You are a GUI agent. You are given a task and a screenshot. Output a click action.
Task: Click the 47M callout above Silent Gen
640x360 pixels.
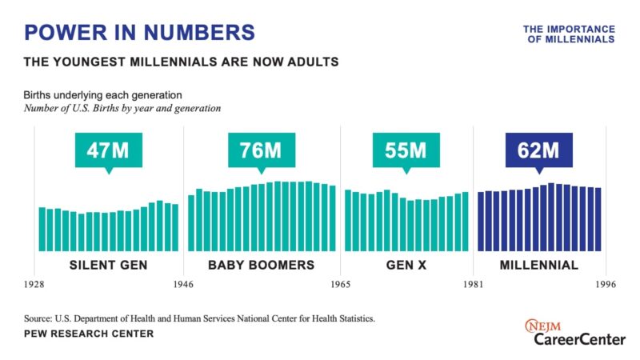pos(108,149)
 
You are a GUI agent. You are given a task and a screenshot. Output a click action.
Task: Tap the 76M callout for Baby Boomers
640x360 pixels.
pos(260,149)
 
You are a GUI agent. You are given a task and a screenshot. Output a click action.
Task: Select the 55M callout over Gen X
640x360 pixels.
pos(406,149)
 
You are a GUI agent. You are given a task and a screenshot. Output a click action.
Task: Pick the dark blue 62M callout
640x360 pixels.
pos(538,149)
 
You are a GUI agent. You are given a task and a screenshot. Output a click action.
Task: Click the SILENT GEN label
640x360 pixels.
pos(108,265)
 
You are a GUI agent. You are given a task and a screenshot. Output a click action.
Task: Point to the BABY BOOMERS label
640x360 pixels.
pos(261,265)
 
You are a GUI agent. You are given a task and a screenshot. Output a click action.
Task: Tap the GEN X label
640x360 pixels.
pos(406,265)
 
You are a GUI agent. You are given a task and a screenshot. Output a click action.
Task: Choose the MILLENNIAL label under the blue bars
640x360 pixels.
pos(538,265)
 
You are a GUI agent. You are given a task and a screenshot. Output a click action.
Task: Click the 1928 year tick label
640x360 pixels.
pos(34,285)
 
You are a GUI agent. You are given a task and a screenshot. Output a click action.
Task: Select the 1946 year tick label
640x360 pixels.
pos(184,285)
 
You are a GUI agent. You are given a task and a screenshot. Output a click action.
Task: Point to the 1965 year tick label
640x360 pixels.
pos(341,285)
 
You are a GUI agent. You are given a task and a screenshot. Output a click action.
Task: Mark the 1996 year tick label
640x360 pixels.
pos(604,285)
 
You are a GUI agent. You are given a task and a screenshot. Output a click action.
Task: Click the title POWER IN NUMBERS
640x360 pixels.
pos(140,32)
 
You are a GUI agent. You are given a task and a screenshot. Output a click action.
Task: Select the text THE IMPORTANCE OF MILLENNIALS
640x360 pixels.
pos(569,34)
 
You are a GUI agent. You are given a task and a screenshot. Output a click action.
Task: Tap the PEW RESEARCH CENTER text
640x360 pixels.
pos(89,334)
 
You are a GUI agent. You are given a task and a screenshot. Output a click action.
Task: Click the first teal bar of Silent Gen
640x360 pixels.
pos(42,229)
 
